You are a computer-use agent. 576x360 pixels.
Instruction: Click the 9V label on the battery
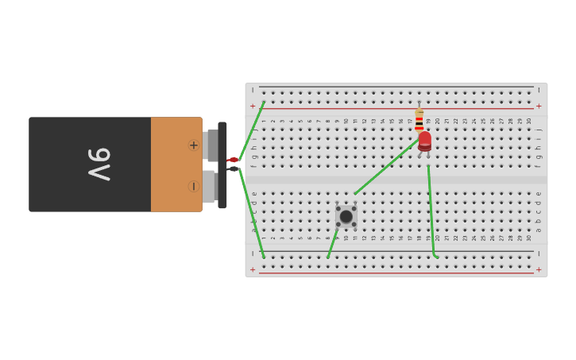(99, 165)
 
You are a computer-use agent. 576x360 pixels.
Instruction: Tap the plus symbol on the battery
(193, 145)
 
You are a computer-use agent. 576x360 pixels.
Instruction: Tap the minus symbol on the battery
(193, 186)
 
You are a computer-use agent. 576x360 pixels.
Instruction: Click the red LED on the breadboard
(425, 141)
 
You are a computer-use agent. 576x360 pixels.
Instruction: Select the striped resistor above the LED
(419, 119)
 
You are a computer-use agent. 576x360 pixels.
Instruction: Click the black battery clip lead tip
(234, 168)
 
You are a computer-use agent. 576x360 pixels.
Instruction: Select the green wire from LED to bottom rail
(431, 211)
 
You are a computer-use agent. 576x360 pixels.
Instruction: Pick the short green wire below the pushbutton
(331, 244)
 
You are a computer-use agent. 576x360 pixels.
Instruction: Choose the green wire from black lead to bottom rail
(252, 215)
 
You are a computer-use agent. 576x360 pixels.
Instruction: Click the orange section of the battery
(176, 165)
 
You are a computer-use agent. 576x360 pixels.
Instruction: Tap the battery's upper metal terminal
(211, 145)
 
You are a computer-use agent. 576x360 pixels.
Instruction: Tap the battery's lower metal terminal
(208, 187)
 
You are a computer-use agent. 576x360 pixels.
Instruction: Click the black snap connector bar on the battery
(222, 165)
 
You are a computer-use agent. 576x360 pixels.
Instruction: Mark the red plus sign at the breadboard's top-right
(539, 106)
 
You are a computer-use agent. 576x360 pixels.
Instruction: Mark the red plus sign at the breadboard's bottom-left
(253, 269)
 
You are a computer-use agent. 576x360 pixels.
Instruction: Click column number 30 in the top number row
(529, 121)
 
